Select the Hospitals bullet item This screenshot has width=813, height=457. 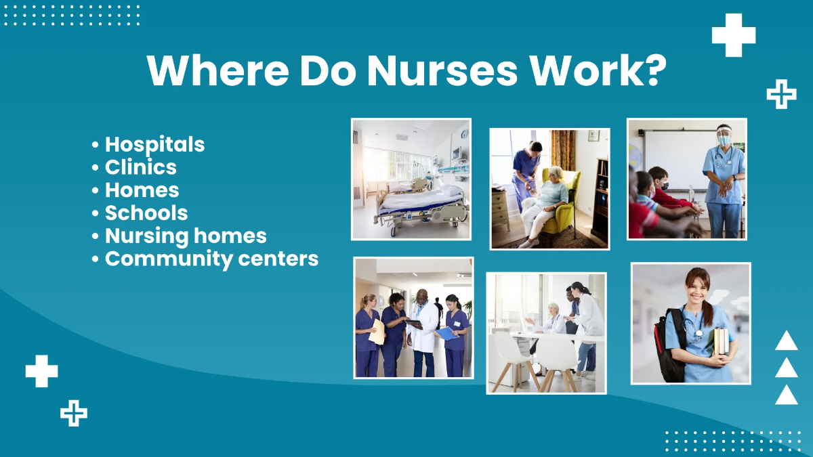click(x=154, y=144)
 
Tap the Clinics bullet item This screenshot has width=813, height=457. click(x=140, y=167)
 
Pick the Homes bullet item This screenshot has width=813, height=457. click(x=142, y=190)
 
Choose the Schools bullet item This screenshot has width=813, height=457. click(x=146, y=213)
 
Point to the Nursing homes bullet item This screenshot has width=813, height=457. click(x=185, y=236)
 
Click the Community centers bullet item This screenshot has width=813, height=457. click(x=211, y=259)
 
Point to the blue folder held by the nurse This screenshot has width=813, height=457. click(x=446, y=333)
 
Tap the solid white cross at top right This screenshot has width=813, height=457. click(x=733, y=35)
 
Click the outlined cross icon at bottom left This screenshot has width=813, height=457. click(x=73, y=412)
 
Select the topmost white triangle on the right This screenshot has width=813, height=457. click(x=786, y=341)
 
